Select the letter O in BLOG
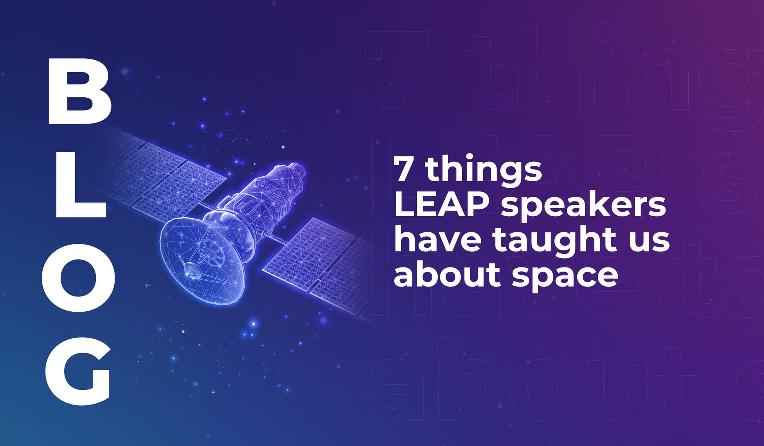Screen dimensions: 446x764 pyautogui.click(x=78, y=277)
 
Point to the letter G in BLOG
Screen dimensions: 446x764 pyautogui.click(x=78, y=372)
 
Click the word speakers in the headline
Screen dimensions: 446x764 pyautogui.click(x=583, y=206)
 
